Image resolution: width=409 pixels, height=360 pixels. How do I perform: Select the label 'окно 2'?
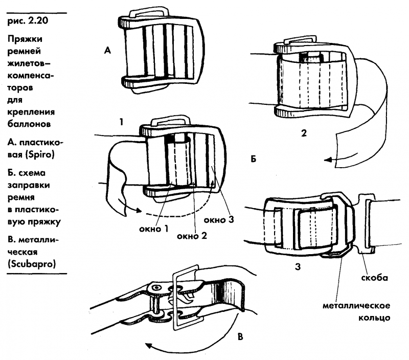[192, 236]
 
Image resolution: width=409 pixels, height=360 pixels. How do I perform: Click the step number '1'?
[121, 123]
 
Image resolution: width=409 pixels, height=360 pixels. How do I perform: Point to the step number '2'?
[304, 133]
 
